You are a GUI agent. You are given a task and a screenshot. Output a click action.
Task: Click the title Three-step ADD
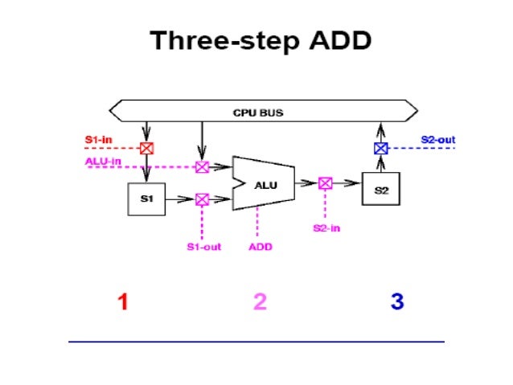(261, 41)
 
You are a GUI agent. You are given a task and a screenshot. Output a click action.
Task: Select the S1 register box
(146, 199)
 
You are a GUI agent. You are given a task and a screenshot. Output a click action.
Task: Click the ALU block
(265, 184)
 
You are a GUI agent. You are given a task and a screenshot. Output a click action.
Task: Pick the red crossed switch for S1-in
(146, 148)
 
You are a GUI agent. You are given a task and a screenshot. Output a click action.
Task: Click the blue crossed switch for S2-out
(381, 148)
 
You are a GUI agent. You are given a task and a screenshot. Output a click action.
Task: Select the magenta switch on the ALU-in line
(202, 166)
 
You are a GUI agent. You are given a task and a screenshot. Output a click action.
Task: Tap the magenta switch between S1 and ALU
(202, 199)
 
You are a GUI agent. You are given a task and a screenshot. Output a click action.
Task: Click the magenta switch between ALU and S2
(325, 183)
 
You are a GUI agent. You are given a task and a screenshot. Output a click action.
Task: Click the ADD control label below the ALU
(260, 247)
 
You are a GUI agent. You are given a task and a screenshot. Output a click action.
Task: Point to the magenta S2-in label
(325, 228)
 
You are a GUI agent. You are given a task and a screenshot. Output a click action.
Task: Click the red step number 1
(123, 302)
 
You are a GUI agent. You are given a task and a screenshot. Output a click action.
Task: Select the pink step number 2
(260, 302)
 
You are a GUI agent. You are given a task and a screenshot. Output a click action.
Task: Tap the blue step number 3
(396, 302)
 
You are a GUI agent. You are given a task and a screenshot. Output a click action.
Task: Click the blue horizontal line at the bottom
(256, 342)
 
